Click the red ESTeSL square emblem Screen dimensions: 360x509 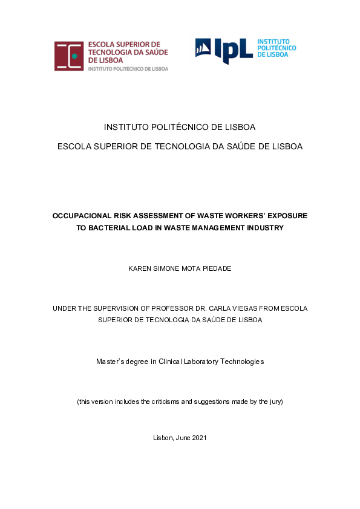coord(69,56)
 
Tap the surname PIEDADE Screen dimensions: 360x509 coord(215,268)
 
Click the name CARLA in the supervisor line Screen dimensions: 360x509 coord(227,308)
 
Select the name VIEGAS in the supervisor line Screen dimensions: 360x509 coord(254,308)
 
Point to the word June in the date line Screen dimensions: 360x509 coord(182,438)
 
